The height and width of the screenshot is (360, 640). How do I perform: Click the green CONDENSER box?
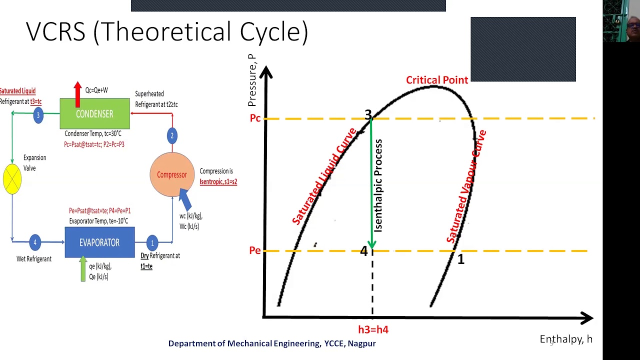94,114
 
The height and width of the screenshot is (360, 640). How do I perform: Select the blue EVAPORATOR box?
99,242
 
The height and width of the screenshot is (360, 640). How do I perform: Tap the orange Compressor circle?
172,174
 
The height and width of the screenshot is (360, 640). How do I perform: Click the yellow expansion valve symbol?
12,178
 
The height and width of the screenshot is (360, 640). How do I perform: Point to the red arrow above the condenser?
77,93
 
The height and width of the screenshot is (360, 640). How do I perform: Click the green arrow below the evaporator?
83,269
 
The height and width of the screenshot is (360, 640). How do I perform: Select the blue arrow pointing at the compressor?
185,199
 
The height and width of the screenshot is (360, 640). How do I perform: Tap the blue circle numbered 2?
172,135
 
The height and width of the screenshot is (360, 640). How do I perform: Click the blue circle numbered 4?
35,242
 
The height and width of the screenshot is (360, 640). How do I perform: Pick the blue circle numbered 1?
152,243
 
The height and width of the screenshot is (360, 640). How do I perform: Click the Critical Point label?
436,80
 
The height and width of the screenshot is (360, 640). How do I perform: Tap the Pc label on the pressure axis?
255,119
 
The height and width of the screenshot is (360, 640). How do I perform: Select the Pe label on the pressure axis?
255,250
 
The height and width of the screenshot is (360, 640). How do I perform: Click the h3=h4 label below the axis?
373,330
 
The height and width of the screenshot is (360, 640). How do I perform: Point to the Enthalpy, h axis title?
565,339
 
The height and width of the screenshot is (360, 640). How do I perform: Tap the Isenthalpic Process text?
378,185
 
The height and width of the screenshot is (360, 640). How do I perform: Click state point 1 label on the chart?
460,259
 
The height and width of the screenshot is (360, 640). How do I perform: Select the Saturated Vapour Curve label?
467,186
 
